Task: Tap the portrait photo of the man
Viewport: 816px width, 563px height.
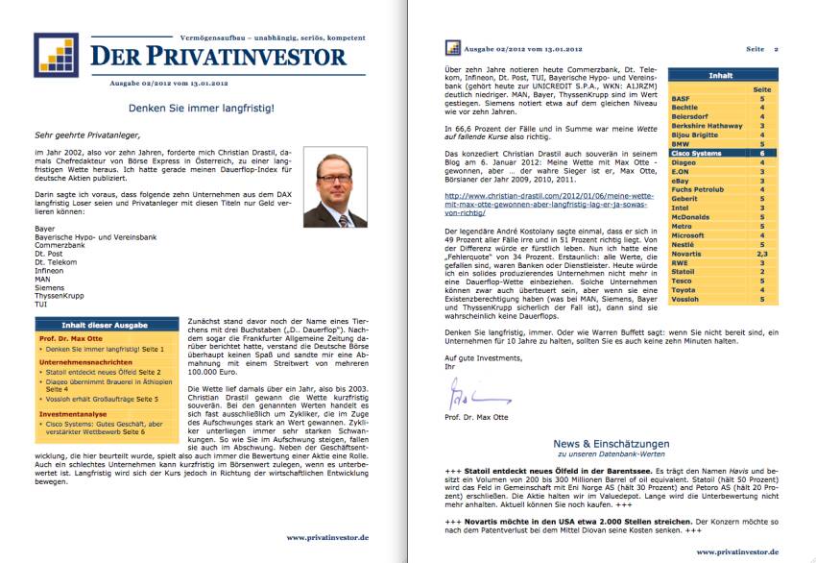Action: pyautogui.click(x=334, y=185)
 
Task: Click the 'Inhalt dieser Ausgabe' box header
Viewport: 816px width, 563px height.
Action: pyautogui.click(x=102, y=325)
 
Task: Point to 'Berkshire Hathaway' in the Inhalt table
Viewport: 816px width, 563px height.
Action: pyautogui.click(x=707, y=125)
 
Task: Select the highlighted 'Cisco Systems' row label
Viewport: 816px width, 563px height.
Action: pyautogui.click(x=697, y=152)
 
